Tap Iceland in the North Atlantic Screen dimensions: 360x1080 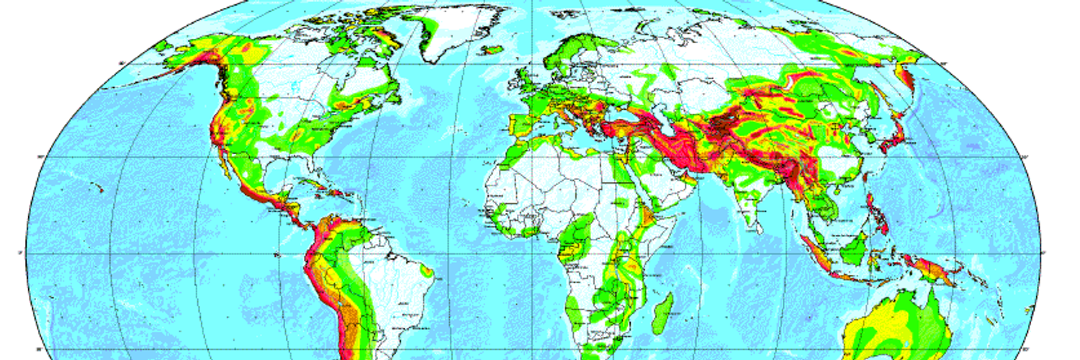click(491, 50)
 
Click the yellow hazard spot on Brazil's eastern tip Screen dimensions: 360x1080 click(429, 272)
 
